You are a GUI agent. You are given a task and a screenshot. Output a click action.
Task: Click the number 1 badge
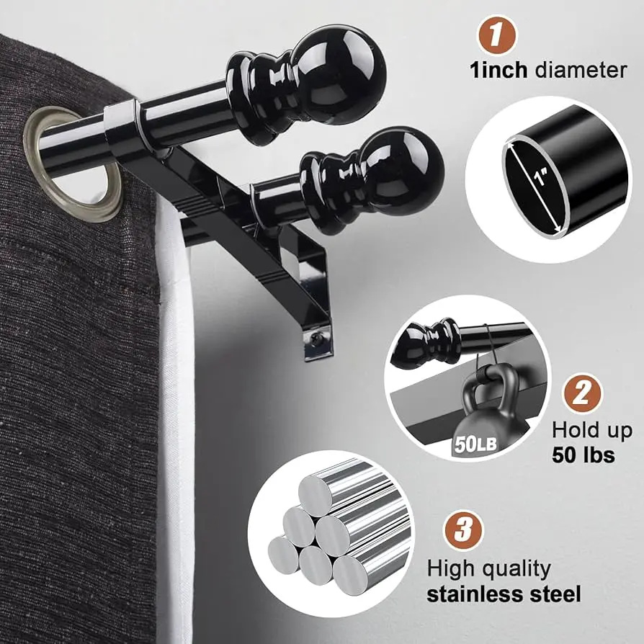pyautogui.click(x=497, y=35)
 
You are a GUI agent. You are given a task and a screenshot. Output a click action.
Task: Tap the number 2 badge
pyautogui.click(x=582, y=393)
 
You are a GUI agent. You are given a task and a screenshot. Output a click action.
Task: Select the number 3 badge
pyautogui.click(x=463, y=529)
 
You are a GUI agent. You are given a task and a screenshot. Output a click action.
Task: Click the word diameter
pyautogui.click(x=581, y=70)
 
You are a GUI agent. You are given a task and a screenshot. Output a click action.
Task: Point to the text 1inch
pyautogui.click(x=498, y=70)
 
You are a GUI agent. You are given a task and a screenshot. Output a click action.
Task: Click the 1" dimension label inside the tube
pyautogui.click(x=541, y=177)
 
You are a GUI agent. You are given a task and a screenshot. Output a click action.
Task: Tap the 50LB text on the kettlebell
pyautogui.click(x=475, y=444)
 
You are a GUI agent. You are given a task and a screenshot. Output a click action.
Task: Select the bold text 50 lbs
pyautogui.click(x=583, y=455)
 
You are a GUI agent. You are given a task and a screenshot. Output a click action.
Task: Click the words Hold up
pyautogui.click(x=592, y=431)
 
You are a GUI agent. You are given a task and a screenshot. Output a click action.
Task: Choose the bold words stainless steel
pyautogui.click(x=504, y=594)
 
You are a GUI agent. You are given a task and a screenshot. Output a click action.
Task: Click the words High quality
pyautogui.click(x=488, y=570)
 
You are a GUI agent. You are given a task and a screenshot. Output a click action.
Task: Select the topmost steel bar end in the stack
pyautogui.click(x=315, y=496)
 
